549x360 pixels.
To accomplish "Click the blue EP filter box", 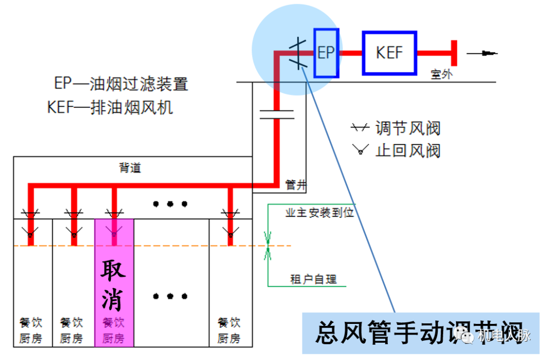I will [326, 53].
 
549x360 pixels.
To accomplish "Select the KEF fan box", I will [389, 53].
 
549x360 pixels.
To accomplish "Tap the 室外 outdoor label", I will [441, 74].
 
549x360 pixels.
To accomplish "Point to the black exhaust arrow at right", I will [482, 53].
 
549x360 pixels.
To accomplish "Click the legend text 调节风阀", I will [408, 128].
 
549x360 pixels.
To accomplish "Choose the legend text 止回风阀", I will [408, 151].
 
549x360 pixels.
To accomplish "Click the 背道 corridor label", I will [130, 168].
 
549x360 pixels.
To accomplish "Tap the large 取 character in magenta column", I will [114, 269].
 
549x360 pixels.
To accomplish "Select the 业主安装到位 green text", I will [319, 213].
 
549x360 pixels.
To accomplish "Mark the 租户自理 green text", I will [313, 279].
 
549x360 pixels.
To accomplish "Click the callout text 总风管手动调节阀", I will [419, 334].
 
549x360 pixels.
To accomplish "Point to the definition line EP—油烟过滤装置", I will [121, 83].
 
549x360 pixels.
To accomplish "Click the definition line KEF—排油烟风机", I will [110, 107].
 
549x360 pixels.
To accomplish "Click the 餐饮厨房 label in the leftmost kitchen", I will [30, 330].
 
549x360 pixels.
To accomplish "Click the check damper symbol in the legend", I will [361, 150].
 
